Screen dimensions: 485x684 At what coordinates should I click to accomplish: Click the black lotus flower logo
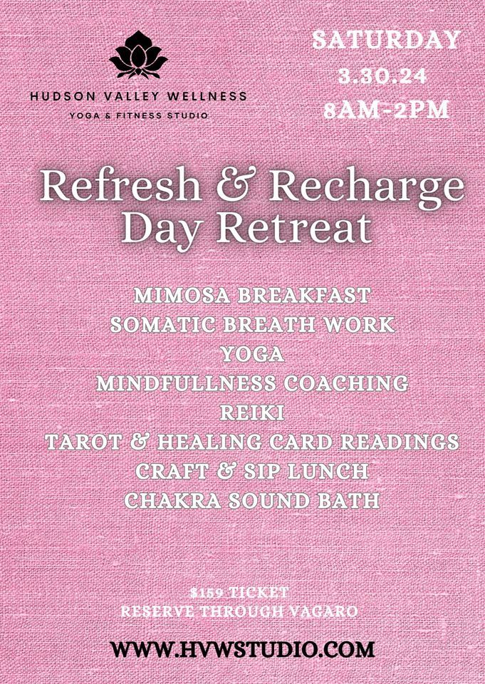138,55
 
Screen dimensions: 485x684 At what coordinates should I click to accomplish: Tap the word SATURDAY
387,40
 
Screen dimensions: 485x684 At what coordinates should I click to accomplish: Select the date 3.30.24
382,76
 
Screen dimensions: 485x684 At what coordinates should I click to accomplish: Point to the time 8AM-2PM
386,109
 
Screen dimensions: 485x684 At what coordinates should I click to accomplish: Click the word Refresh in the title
120,187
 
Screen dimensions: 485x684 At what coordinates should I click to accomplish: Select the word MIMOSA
183,295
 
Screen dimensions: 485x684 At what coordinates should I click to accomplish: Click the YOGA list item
253,354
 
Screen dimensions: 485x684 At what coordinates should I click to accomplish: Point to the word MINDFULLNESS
186,383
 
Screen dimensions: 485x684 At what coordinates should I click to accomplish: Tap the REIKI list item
252,413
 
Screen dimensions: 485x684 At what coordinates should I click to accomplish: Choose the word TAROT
83,442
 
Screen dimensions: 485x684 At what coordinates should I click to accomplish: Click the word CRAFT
172,471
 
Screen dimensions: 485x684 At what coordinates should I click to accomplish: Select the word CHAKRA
173,500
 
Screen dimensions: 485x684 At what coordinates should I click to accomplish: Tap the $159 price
207,592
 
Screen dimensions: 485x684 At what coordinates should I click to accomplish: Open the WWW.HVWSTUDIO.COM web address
242,650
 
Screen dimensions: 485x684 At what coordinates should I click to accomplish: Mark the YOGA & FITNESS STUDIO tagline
138,115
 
